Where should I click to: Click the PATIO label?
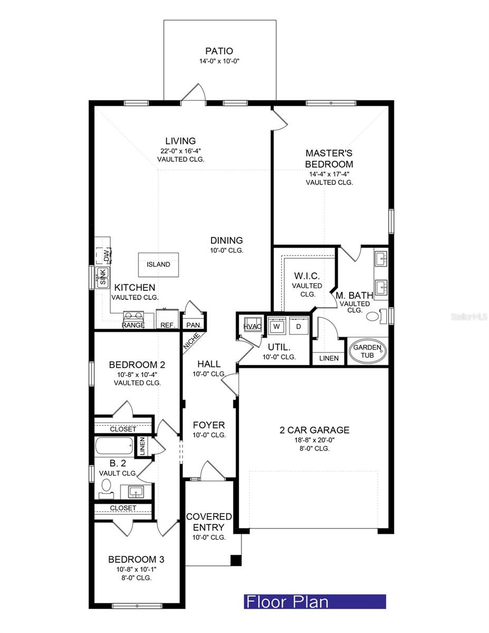(219, 51)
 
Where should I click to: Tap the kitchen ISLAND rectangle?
(158, 264)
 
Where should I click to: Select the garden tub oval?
(367, 351)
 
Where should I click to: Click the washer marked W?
(277, 327)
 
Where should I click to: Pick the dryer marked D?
(298, 327)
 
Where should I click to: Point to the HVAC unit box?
(251, 325)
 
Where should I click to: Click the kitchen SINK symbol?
(102, 277)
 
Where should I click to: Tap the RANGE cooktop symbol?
(133, 317)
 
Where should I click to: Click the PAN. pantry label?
(190, 325)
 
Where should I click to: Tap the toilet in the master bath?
(373, 317)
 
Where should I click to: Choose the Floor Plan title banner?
(314, 601)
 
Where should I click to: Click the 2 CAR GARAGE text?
(314, 430)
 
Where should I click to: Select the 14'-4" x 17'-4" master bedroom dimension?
(329, 173)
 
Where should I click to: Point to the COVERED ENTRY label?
(209, 522)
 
